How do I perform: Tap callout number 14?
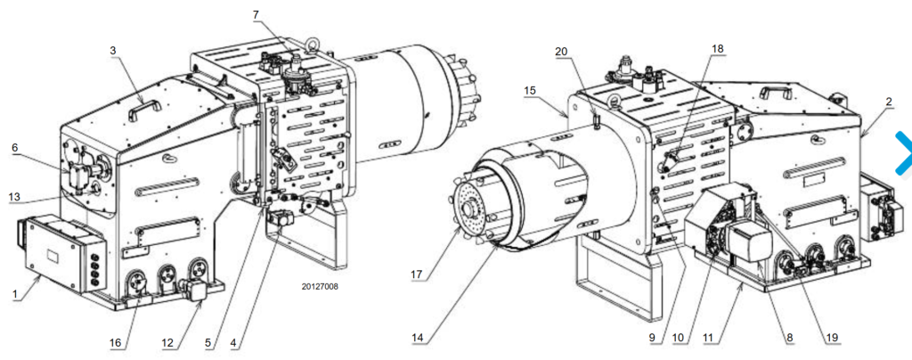tap(418, 337)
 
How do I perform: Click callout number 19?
tap(831, 337)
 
